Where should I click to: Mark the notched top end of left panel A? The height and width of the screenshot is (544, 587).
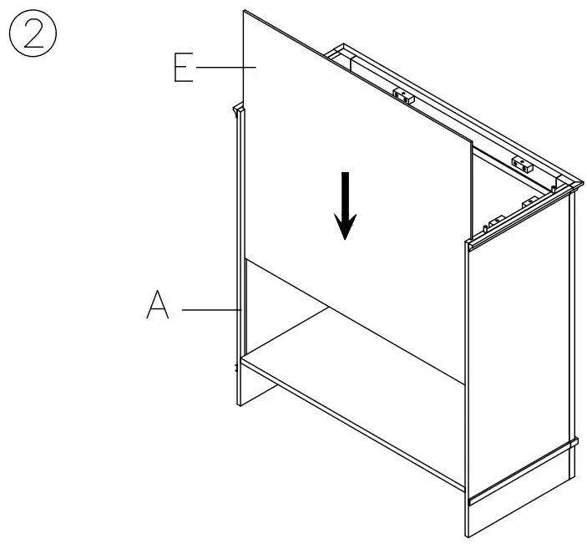(x=238, y=109)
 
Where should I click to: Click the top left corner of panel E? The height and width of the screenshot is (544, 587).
(x=245, y=12)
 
